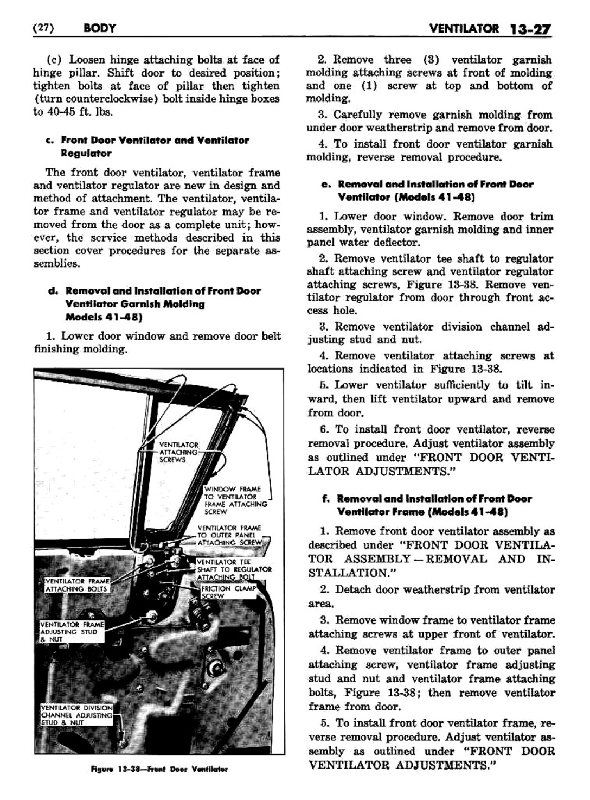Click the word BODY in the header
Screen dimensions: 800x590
(x=100, y=28)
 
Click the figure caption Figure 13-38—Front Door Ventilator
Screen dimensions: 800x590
(x=159, y=769)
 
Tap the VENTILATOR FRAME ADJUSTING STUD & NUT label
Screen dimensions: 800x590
(x=71, y=632)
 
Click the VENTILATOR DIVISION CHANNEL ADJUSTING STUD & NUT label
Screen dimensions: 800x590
(x=76, y=715)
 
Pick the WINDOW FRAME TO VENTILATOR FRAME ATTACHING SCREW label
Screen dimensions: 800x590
(x=236, y=500)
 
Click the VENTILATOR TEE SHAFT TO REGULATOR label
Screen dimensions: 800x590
(x=233, y=569)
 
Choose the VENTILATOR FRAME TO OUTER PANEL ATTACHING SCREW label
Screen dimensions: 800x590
(x=229, y=535)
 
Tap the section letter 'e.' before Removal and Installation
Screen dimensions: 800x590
(x=325, y=184)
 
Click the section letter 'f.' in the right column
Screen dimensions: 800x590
(x=326, y=498)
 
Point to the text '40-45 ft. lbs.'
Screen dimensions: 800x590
(x=81, y=112)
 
